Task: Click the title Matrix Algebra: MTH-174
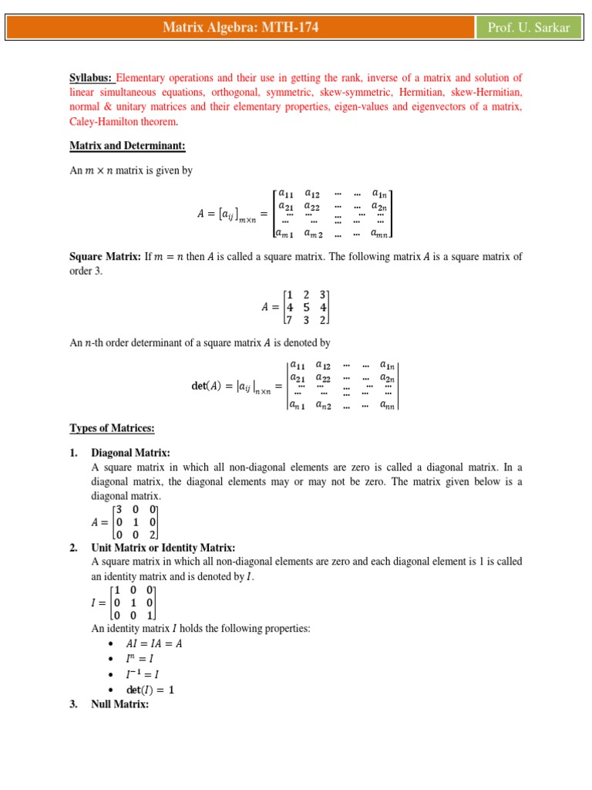(240, 29)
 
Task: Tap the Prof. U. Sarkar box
(530, 29)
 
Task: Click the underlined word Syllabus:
(91, 78)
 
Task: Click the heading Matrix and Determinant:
(127, 146)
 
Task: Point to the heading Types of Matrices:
(112, 428)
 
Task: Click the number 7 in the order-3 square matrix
(288, 319)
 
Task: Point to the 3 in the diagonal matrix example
(117, 509)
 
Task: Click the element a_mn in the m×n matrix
(379, 232)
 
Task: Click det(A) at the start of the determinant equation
(207, 386)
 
